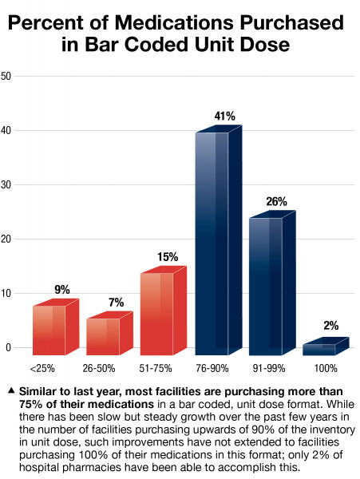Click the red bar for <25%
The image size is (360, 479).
tap(49, 329)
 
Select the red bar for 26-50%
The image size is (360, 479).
tap(103, 335)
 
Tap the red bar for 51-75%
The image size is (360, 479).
tap(156, 313)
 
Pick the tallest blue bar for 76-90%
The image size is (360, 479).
tap(212, 243)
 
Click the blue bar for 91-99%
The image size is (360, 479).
tap(266, 285)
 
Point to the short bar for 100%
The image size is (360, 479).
tap(319, 349)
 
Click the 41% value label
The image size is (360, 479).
tap(224, 117)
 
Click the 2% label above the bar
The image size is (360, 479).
tap(331, 326)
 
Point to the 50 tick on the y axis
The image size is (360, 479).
tap(6, 77)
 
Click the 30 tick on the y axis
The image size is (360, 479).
tap(6, 185)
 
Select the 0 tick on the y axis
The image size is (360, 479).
tap(7, 348)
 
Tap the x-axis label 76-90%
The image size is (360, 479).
tap(212, 369)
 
